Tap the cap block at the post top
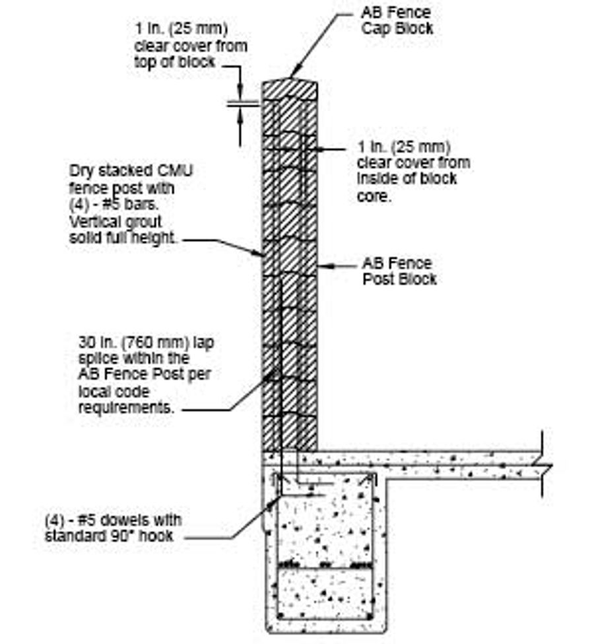coord(290,89)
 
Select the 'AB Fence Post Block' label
coord(399,271)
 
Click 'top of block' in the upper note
coord(174,62)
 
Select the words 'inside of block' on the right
coord(407,178)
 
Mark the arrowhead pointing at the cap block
coord(294,73)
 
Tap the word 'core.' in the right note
coord(373,196)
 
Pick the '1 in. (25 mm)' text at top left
coord(181,30)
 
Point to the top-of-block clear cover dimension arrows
coord(238,104)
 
